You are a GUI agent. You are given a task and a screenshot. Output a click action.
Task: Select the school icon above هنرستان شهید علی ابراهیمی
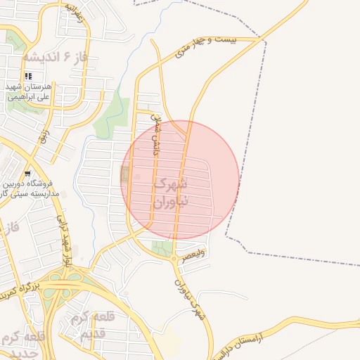click(28, 76)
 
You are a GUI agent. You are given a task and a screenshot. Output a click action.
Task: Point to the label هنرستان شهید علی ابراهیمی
click(28, 92)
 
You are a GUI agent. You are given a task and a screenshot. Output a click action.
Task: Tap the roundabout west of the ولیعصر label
click(174, 258)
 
